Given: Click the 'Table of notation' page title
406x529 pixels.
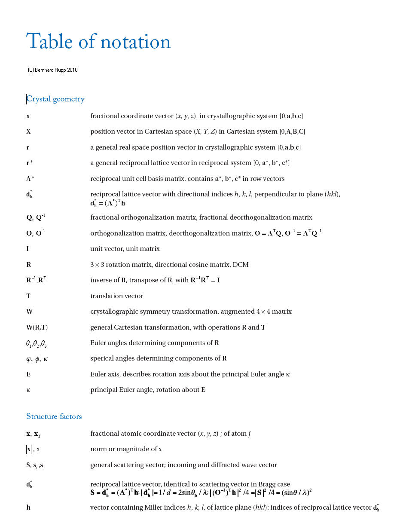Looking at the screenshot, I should point(98,42).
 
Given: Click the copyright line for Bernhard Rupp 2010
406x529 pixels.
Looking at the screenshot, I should point(53,70).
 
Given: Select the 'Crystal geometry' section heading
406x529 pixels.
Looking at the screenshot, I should point(55,99).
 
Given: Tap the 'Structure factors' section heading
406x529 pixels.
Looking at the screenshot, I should point(54,416).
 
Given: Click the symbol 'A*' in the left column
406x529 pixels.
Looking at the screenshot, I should point(30,179).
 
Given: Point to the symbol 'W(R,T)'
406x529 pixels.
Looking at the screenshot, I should point(37,327).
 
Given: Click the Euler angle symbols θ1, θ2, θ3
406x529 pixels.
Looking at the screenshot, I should point(36,343).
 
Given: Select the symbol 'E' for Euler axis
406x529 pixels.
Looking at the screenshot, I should point(28,374).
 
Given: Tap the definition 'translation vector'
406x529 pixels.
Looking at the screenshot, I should point(117,296).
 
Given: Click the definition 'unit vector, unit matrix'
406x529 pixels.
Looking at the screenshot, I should point(125,249).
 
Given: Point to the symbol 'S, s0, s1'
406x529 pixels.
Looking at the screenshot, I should point(35,465).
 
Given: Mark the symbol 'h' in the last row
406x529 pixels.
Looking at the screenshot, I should point(28,508).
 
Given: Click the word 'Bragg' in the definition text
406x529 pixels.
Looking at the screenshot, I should point(266,484).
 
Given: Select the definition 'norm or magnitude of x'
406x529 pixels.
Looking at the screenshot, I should point(126,449).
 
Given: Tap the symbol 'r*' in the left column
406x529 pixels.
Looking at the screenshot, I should point(30,163).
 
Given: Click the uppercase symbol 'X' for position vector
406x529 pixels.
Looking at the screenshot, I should point(28,131).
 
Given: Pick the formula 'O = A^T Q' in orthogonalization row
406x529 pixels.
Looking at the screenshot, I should point(268,233).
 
